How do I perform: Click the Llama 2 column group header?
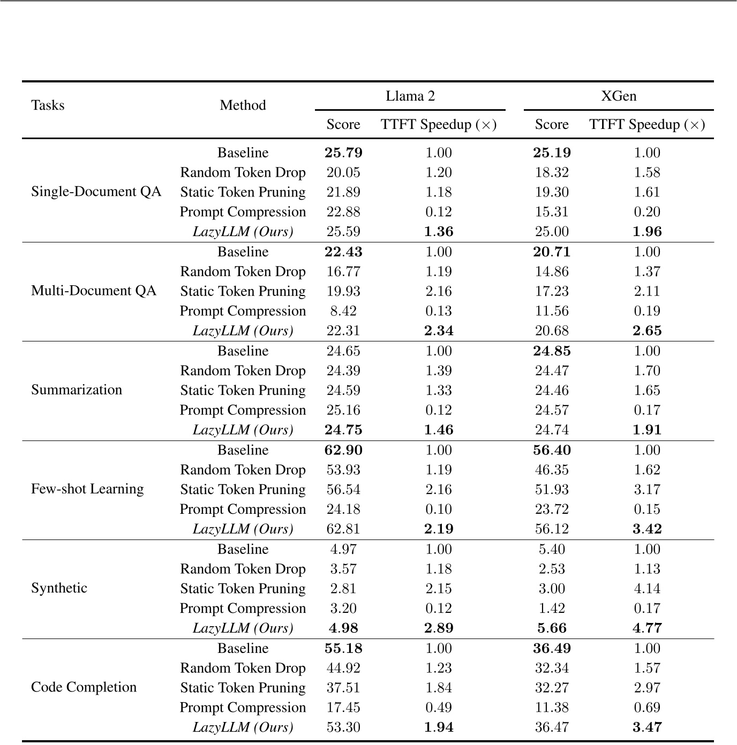pos(410,96)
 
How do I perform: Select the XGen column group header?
pos(619,96)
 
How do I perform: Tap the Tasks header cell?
pos(48,105)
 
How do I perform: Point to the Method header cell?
pos(243,105)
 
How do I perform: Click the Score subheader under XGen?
pos(552,125)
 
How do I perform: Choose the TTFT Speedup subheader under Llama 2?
pos(439,125)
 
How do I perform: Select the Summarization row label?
pos(77,390)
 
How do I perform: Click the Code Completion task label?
pos(84,687)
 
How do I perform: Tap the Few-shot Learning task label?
pos(87,489)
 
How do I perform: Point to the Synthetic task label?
pos(59,588)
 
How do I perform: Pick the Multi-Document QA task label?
pos(94,291)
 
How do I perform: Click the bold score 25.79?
pos(343,153)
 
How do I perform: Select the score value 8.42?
pos(343,311)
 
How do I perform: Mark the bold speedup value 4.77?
pos(647,628)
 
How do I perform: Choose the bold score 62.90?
pos(343,451)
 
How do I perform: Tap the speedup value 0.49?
pos(439,708)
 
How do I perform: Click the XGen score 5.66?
pos(552,628)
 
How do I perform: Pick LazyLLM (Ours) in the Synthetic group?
pos(243,628)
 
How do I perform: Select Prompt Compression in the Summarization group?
pos(243,410)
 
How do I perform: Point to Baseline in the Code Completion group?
pos(243,649)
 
